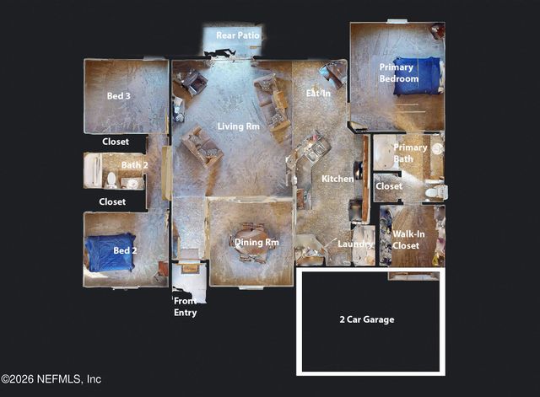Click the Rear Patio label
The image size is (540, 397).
pos(238,35)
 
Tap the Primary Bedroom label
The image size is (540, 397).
pos(398,72)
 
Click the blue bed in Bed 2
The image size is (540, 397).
pos(110,252)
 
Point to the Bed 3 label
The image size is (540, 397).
pos(118,96)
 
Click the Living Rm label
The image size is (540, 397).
pos(238,126)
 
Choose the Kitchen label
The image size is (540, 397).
pos(337,179)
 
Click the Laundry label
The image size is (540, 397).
pos(355,244)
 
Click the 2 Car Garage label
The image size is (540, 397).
pos(366,319)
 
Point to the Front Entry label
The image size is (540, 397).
pos(186,307)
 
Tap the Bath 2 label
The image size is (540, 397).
pos(134,165)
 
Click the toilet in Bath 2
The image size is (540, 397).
pos(111,179)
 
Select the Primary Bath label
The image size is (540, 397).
pos(410,153)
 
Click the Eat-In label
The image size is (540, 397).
pos(317,93)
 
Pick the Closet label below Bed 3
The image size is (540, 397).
pos(116,142)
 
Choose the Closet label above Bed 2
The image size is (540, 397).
pos(112,201)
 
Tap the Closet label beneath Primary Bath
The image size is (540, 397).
pos(389,185)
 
